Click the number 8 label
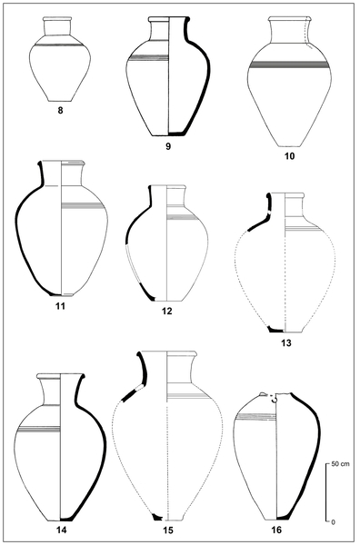tap(60, 111)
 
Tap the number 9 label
tap(168, 146)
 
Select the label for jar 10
tap(289, 156)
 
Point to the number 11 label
tap(61, 306)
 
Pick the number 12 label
tap(167, 311)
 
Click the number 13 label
tap(286, 343)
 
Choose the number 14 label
tap(62, 530)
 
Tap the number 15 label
tap(167, 530)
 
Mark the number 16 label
tap(276, 530)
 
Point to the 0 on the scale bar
tap(334, 522)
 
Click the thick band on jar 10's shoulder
tap(289, 64)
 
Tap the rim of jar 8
tap(57, 19)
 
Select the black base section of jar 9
tap(177, 133)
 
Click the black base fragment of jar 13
tap(275, 329)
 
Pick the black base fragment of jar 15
tap(157, 518)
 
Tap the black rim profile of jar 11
tap(41, 173)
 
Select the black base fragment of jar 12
tap(147, 292)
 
